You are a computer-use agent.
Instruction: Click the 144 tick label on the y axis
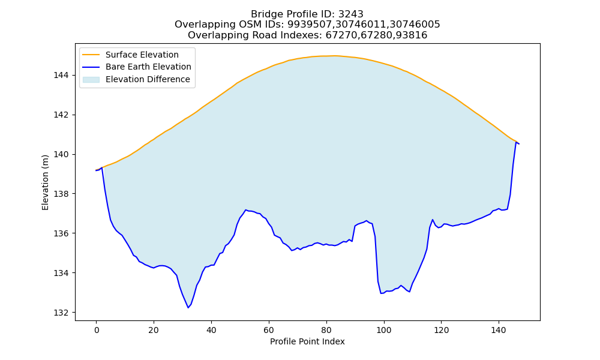61,76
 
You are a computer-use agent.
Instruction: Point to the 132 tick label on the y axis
61,313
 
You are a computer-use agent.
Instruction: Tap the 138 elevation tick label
61,194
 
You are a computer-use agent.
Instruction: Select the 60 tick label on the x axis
269,330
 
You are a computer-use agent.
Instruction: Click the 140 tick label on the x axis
499,330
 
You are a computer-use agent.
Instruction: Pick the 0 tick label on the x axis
97,330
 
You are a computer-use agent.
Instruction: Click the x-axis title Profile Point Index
307,341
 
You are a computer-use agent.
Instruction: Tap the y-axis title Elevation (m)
46,182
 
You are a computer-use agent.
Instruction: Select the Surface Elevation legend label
142,55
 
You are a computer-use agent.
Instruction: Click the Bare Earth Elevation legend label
148,67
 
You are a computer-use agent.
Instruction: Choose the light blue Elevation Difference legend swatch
91,80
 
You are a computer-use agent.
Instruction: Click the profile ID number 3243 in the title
351,14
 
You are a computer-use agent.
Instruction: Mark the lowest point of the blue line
188,308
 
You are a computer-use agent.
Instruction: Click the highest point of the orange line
335,56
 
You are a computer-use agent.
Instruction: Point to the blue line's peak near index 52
245,210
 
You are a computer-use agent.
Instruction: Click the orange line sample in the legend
91,55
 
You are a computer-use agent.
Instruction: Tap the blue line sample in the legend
91,67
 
